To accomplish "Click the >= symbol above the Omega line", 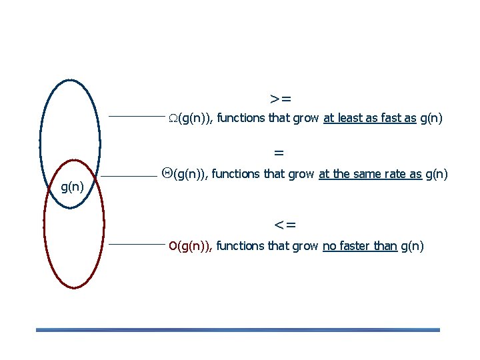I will coord(281,99).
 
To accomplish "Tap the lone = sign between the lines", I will coord(279,153).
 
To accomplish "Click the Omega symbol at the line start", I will coord(172,119).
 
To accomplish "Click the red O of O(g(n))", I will coord(173,246).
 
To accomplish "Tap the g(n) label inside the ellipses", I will coord(72,187).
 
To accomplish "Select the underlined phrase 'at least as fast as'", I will coord(369,119).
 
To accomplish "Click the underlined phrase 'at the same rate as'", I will coord(370,174).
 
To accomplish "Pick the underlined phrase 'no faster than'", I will coord(359,246).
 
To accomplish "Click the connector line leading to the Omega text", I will coord(136,116).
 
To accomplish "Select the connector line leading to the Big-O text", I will coord(136,244).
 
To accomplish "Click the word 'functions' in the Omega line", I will coord(241,119).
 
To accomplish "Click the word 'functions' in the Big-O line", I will coord(240,246).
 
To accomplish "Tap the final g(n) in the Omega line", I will coord(431,119).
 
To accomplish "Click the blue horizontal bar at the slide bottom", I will coord(238,329).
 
